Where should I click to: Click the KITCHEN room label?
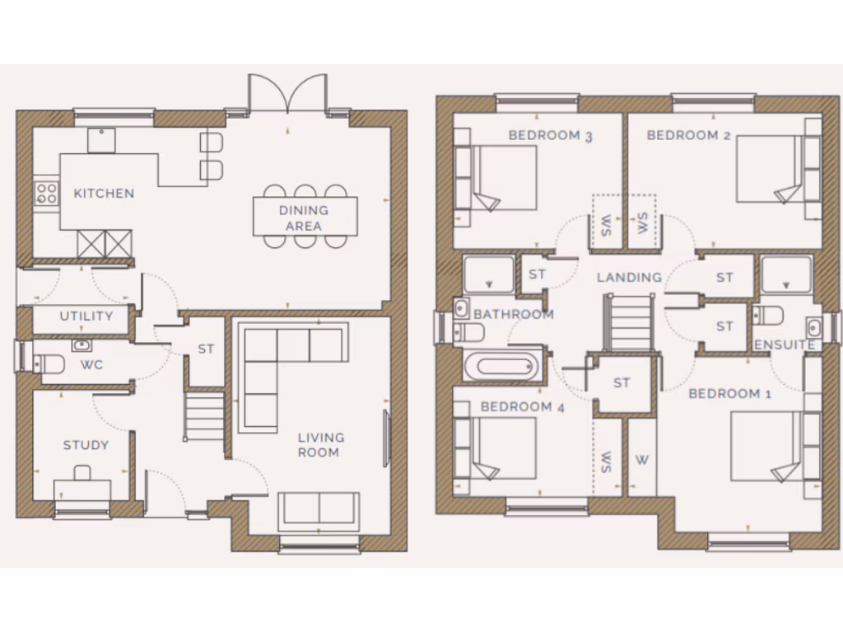pyautogui.click(x=104, y=194)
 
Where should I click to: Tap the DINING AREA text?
pyautogui.click(x=305, y=218)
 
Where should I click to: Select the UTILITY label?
pyautogui.click(x=86, y=316)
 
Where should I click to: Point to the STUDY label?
pyautogui.click(x=86, y=445)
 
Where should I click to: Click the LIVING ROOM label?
pyautogui.click(x=321, y=445)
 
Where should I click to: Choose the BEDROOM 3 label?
pyautogui.click(x=551, y=136)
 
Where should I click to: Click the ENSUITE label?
pyautogui.click(x=785, y=345)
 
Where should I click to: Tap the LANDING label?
pyautogui.click(x=629, y=278)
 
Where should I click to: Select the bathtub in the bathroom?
pyautogui.click(x=503, y=365)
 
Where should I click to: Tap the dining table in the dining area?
pyautogui.click(x=305, y=216)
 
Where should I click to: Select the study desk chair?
pyautogui.click(x=82, y=473)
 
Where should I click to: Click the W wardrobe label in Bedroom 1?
pyautogui.click(x=642, y=461)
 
